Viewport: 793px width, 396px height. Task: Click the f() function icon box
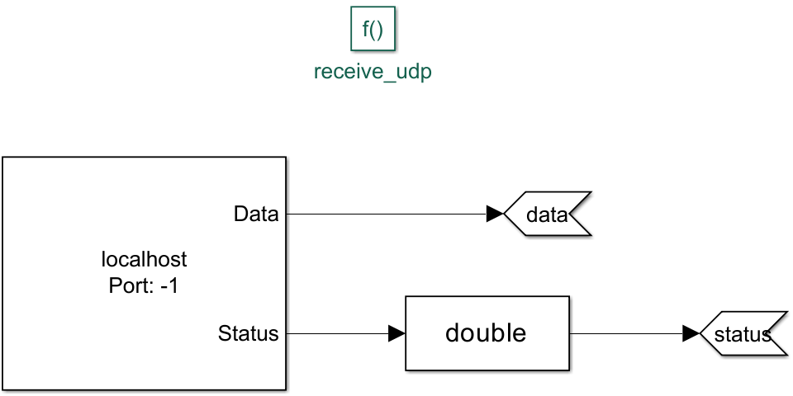point(373,31)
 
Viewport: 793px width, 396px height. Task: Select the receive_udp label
point(373,72)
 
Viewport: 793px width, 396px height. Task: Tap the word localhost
point(144,260)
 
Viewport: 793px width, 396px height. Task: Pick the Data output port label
point(256,214)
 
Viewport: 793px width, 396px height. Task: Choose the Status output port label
point(248,334)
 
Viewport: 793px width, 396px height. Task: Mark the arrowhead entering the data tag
point(495,214)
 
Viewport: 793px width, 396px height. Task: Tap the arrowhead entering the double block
point(396,334)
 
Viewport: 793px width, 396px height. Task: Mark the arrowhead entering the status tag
point(691,334)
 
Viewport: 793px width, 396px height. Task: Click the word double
point(486,332)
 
